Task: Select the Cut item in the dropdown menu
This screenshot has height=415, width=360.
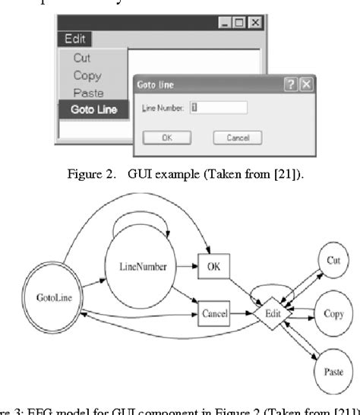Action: pos(82,59)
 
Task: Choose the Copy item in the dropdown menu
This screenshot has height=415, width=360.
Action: pos(87,75)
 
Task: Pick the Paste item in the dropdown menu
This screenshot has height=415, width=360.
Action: pos(88,93)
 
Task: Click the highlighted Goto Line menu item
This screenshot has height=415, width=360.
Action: pos(93,109)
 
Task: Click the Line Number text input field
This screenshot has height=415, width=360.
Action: pos(219,108)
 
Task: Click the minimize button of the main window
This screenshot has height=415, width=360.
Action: pos(226,24)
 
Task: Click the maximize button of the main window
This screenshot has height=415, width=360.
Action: pos(240,24)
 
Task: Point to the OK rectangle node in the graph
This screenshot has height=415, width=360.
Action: pos(213,266)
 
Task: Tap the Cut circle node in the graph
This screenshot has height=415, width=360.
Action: pos(332,261)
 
